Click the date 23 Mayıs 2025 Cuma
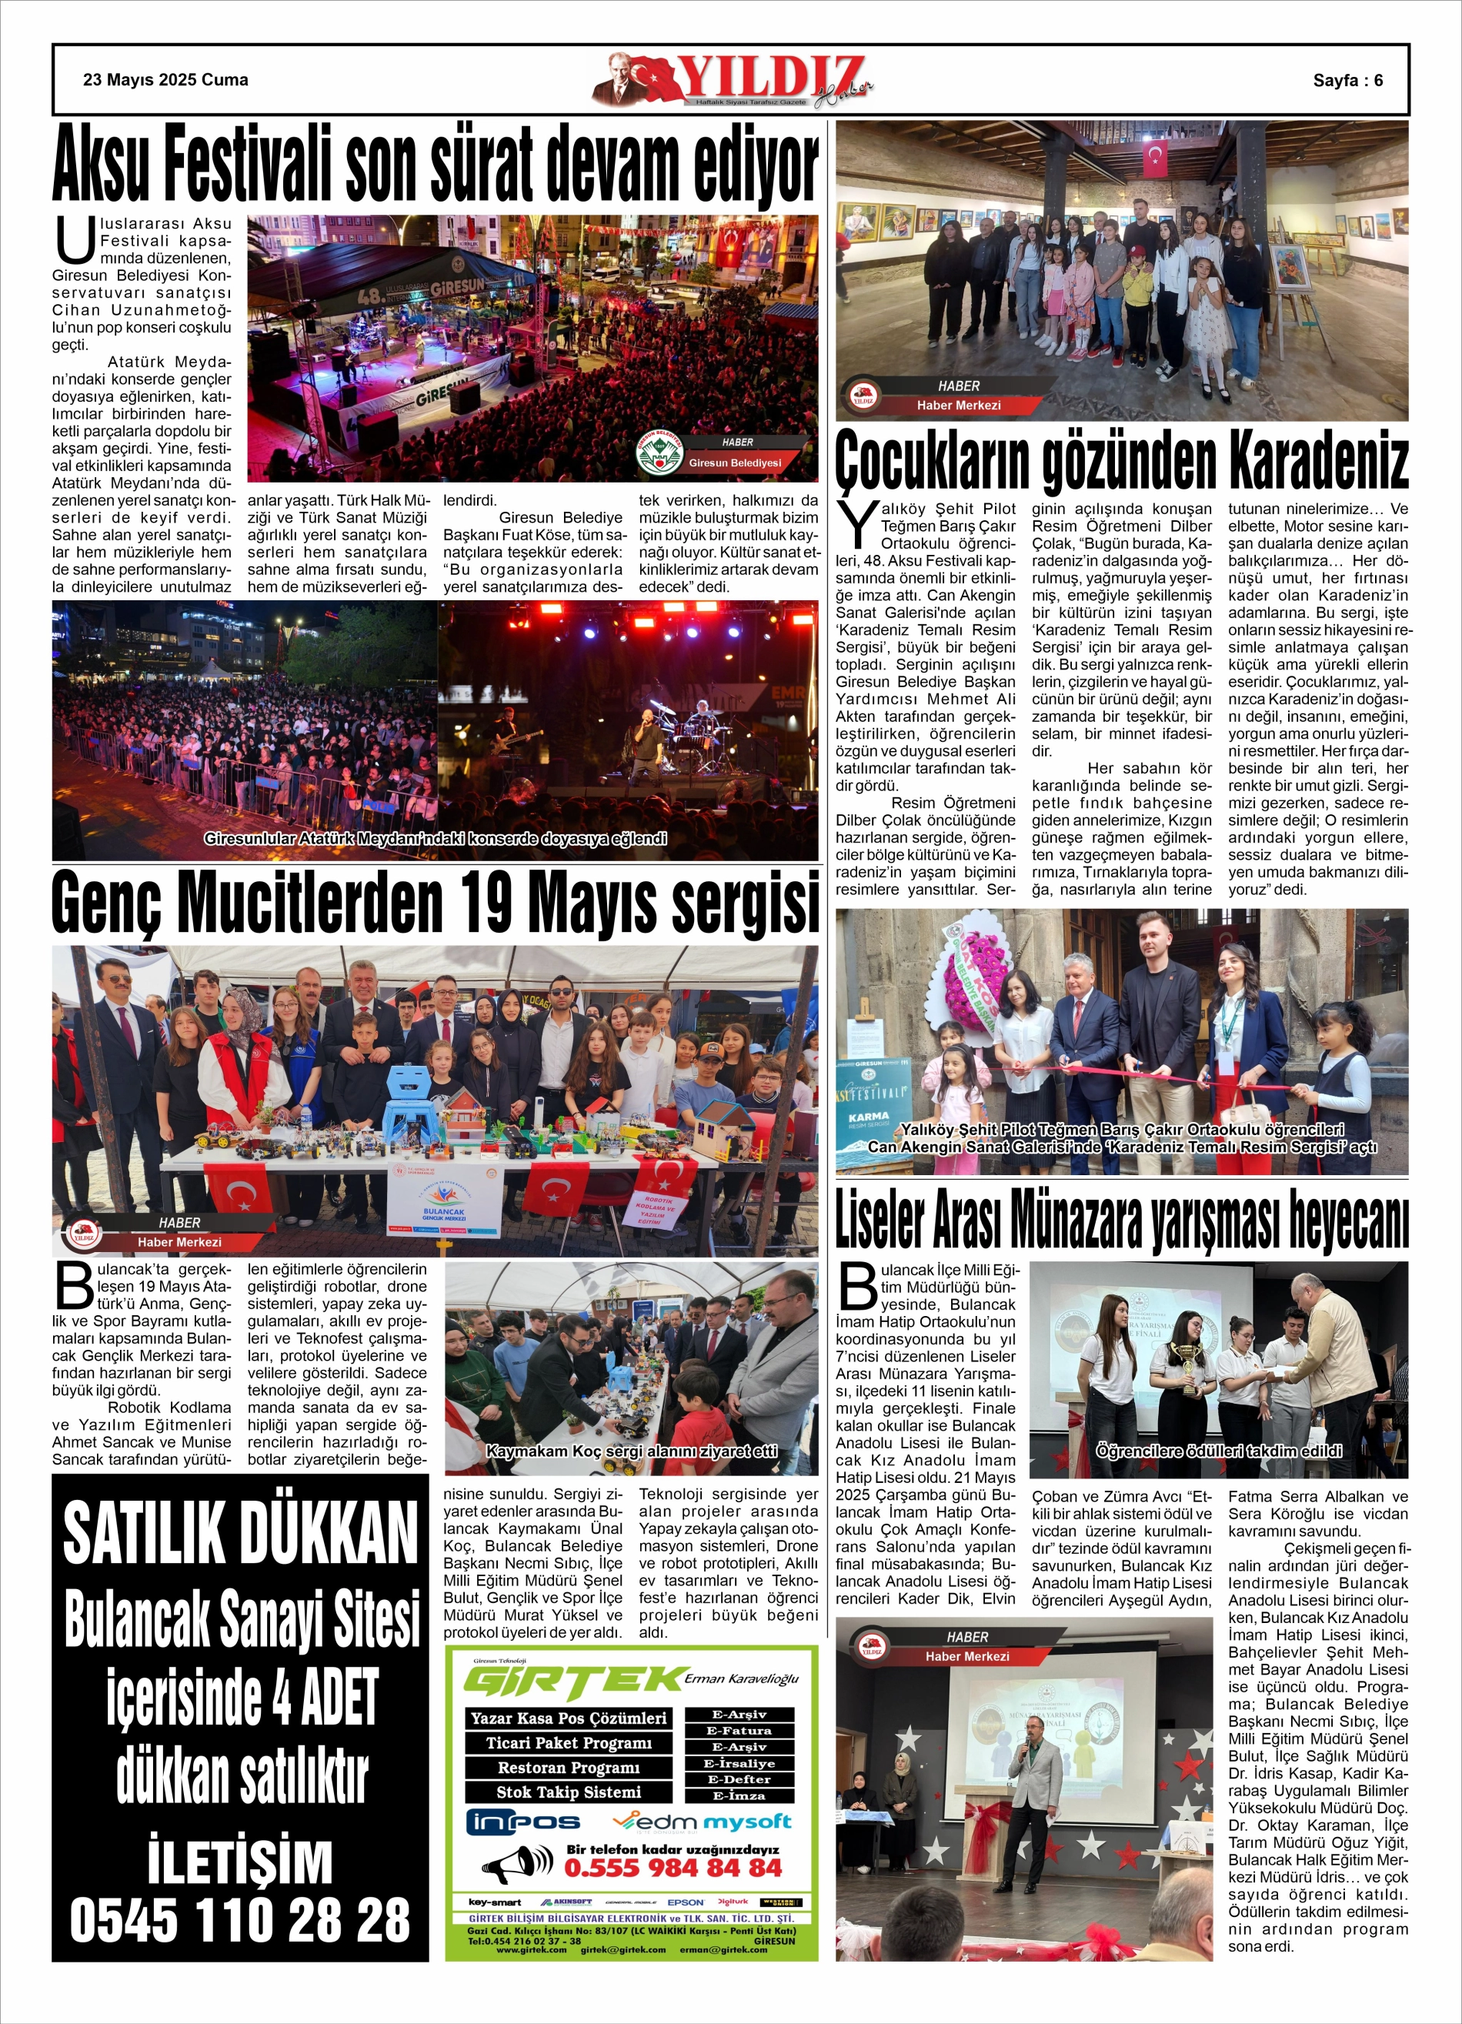(165, 80)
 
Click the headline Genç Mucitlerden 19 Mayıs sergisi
(435, 903)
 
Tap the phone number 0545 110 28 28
(240, 1919)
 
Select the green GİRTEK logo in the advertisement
(574, 1682)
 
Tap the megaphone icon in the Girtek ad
(517, 1864)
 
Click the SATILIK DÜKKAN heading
(240, 1533)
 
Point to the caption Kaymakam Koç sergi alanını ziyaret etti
(631, 1450)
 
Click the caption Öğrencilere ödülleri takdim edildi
(1218, 1450)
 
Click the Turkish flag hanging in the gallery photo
(1156, 157)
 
